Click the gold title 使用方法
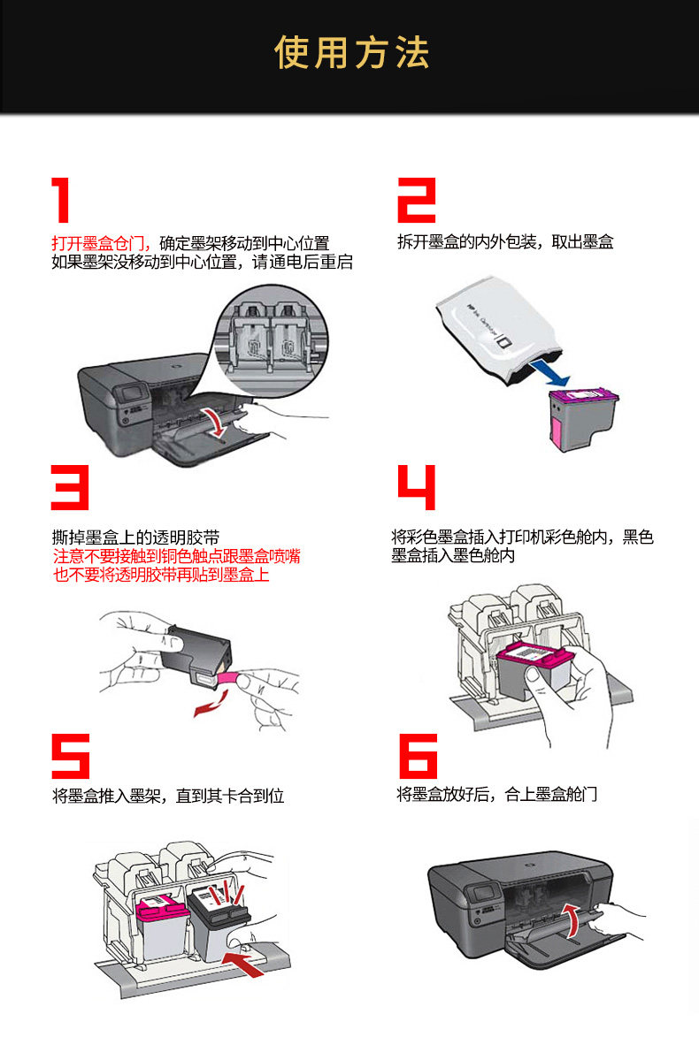[352, 53]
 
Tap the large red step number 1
[62, 200]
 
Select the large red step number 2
[417, 200]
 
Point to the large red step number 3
[71, 487]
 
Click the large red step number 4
[417, 487]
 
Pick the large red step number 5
[71, 756]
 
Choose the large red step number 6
[419, 756]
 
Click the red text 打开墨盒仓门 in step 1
[102, 243]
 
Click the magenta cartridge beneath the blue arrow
[582, 418]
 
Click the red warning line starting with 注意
[177, 556]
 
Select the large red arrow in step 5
[242, 964]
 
